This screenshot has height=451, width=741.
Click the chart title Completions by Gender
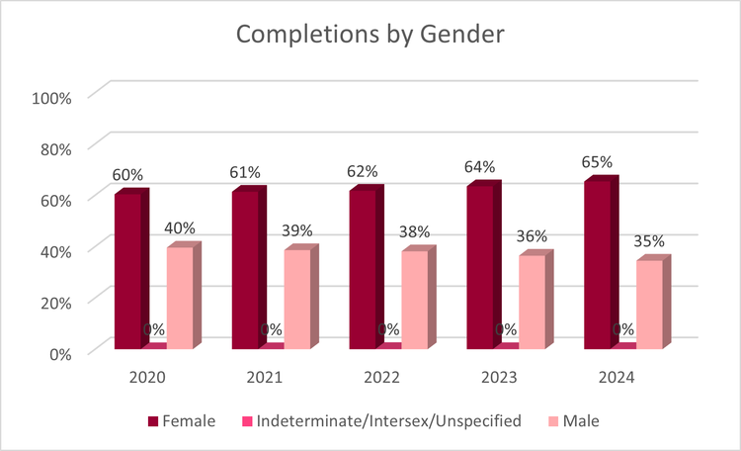[370, 35]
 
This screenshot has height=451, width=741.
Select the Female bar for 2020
[127, 271]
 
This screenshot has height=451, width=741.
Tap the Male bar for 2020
[180, 297]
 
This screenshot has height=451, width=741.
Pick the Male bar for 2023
[533, 302]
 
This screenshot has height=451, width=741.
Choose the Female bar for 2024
[598, 265]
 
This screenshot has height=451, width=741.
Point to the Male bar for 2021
[297, 299]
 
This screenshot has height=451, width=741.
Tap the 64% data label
[479, 166]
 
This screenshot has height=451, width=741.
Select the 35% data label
[648, 240]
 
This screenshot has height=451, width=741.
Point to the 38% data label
[414, 232]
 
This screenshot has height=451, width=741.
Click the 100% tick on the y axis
[51, 98]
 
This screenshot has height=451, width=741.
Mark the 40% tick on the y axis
[55, 250]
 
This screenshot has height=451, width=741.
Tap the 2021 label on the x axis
[265, 378]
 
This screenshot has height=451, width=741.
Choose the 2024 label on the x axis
[617, 378]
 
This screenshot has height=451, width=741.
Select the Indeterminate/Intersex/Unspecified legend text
[389, 421]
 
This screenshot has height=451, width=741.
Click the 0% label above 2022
[388, 329]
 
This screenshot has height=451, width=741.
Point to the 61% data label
[244, 172]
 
